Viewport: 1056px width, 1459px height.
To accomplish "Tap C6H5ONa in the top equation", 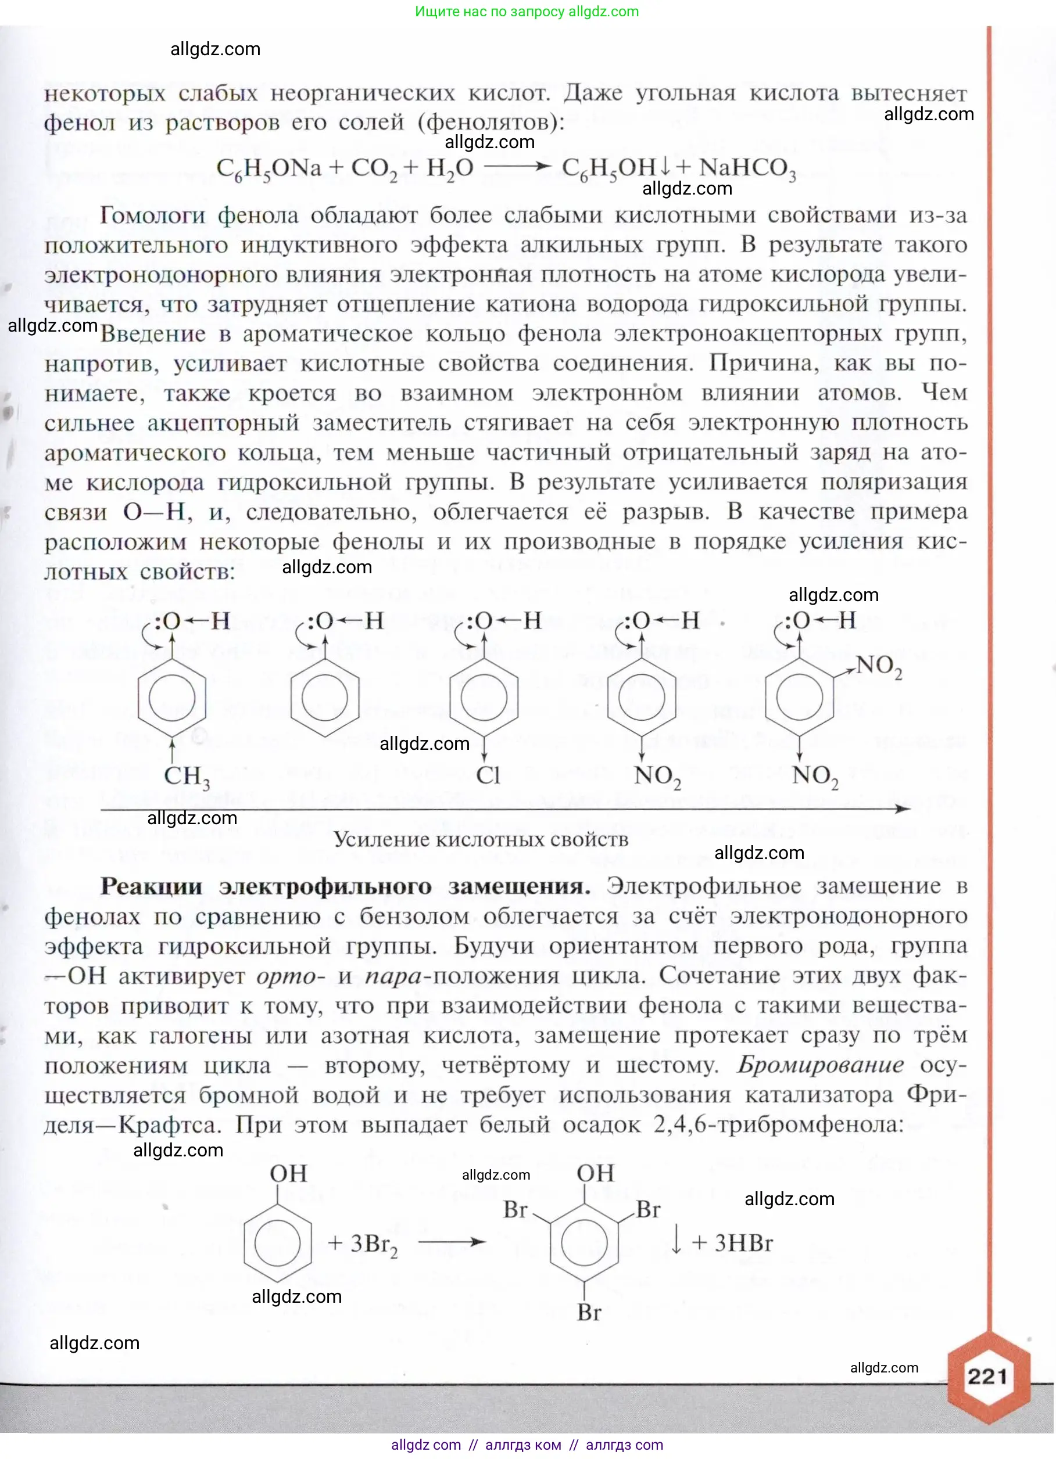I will coord(269,168).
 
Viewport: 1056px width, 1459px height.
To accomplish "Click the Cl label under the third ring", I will coord(487,775).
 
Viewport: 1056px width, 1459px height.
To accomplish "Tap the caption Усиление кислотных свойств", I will coord(481,839).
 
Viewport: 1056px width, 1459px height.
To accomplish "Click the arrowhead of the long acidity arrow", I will coord(904,808).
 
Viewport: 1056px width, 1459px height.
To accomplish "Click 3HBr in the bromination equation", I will coord(743,1243).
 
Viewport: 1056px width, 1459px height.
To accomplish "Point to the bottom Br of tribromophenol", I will coord(589,1311).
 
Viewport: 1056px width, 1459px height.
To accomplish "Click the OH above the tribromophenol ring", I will coord(595,1173).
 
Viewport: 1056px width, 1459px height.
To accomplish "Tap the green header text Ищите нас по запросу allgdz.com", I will coord(527,12).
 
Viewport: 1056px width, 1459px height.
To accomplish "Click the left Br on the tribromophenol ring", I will coord(516,1209).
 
